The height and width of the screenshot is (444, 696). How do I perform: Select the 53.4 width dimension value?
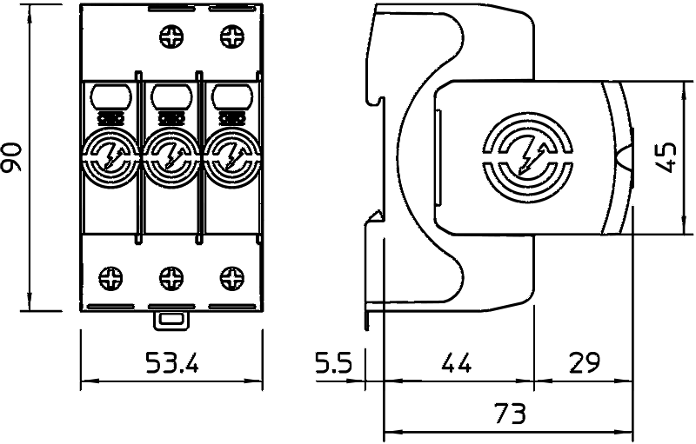pos(171,363)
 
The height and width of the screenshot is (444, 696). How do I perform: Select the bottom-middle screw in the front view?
pos(171,278)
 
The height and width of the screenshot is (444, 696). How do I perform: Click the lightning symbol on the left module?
pos(111,157)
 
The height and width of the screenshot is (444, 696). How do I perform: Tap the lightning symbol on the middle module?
pos(171,157)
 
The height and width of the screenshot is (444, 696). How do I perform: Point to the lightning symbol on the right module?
pos(231,157)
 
